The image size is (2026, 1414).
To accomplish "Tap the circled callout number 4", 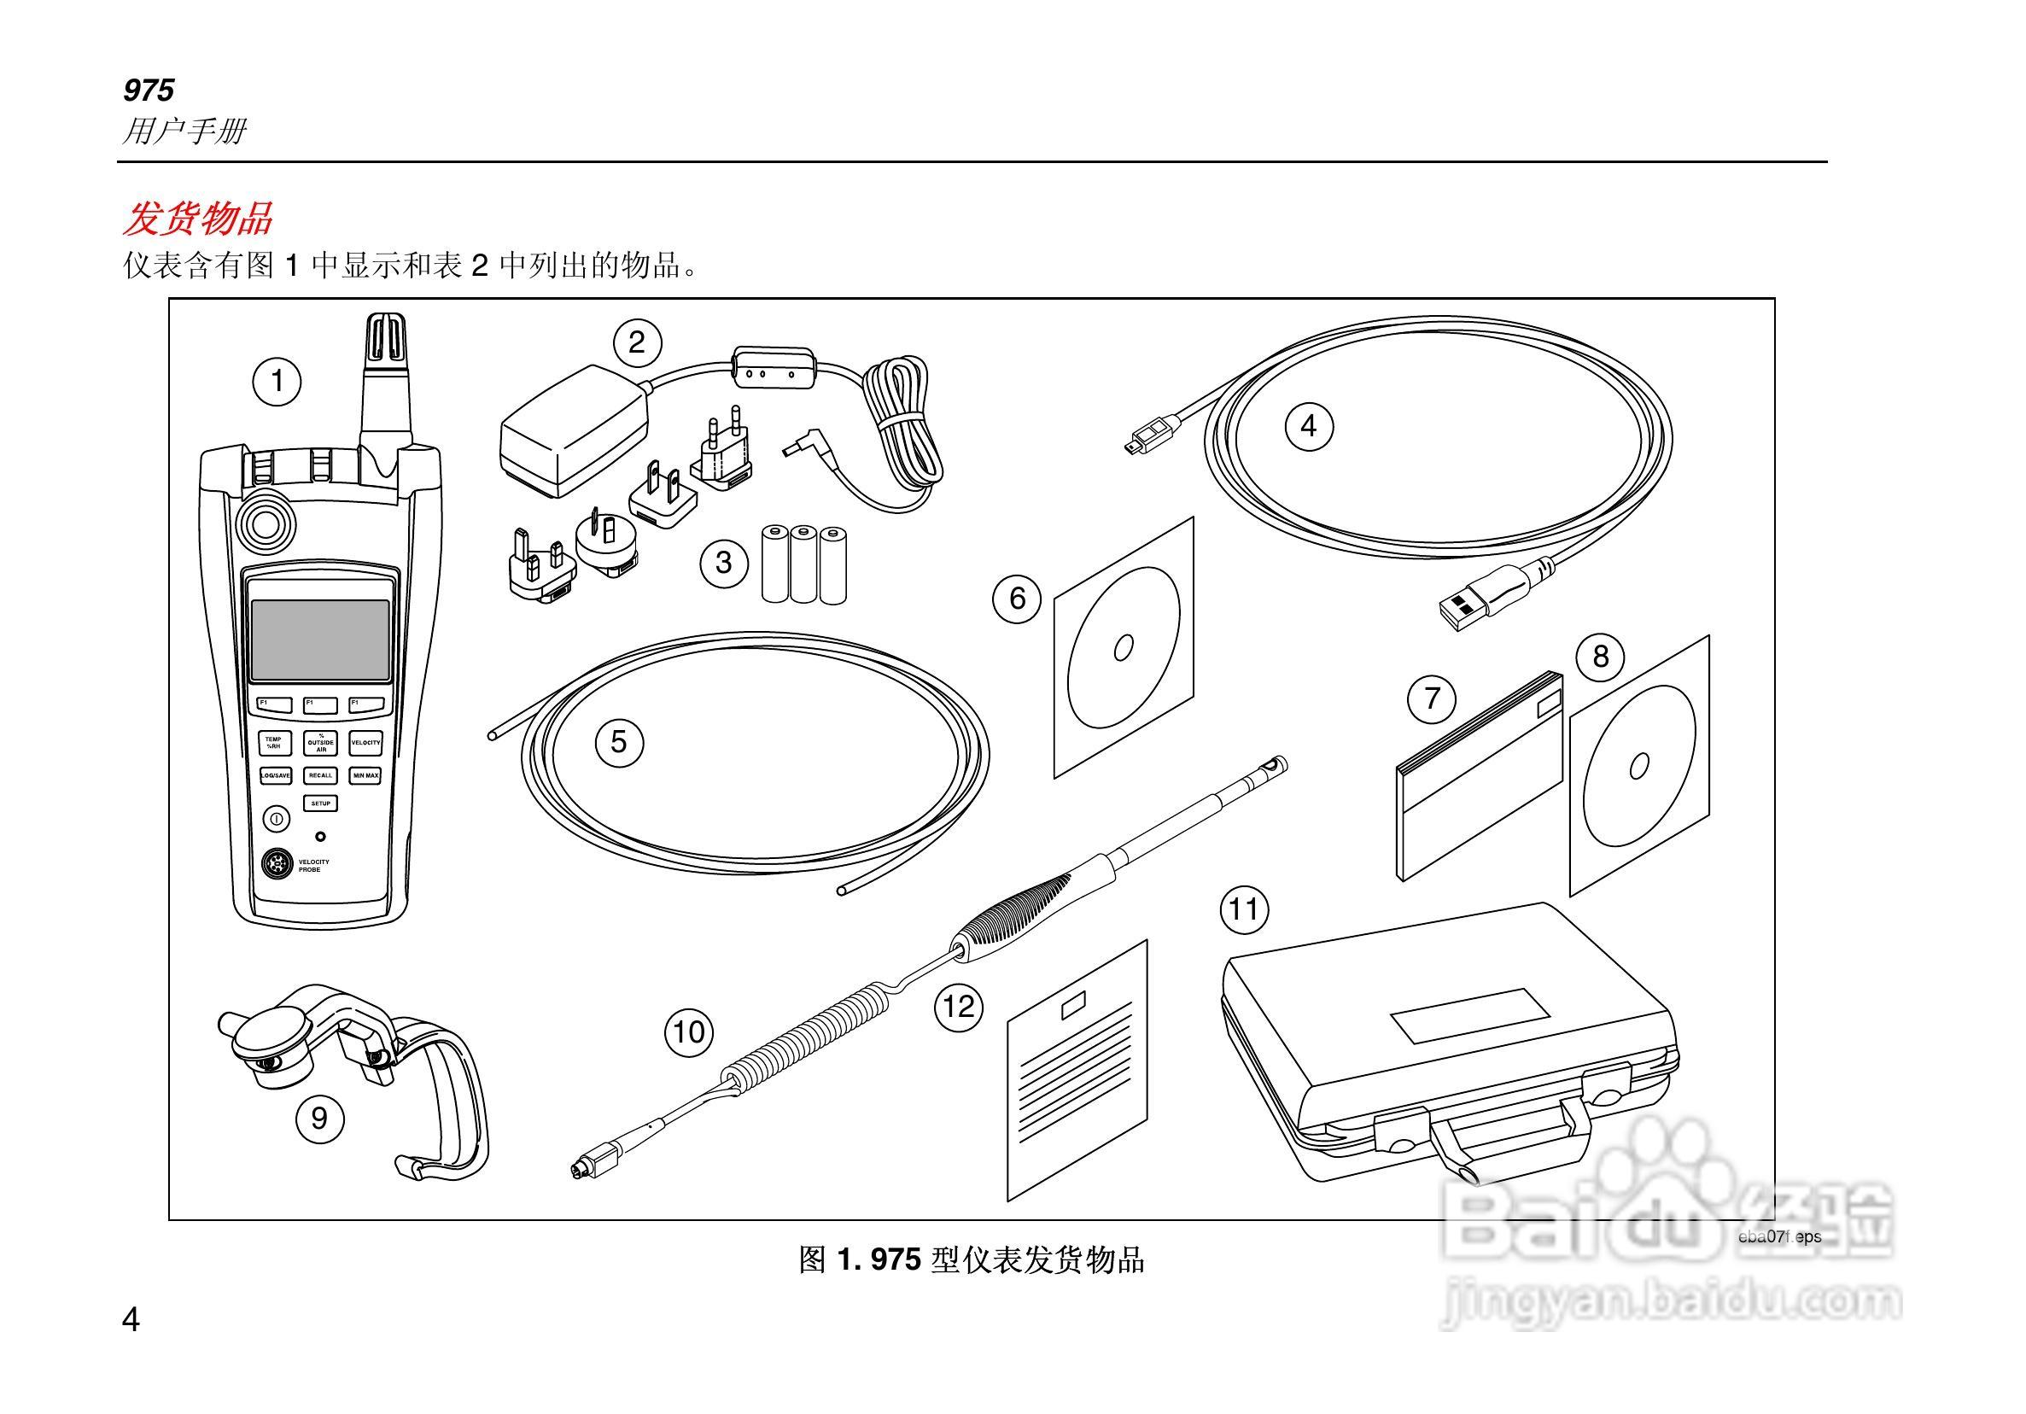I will (1308, 426).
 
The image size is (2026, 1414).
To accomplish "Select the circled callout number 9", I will (319, 1119).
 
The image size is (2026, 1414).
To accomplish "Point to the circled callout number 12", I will (959, 1006).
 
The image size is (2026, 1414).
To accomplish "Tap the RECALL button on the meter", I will (320, 776).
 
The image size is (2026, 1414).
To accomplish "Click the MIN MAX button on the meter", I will (366, 776).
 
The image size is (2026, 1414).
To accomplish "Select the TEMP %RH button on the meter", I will (273, 743).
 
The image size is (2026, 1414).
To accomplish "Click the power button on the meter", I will (276, 819).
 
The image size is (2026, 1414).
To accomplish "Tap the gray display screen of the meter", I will (319, 640).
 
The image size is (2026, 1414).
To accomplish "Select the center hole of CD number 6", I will (1124, 648).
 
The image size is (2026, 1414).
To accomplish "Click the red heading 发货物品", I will (198, 219).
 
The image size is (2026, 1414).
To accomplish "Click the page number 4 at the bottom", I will (131, 1321).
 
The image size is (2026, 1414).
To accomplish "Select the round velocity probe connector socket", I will (279, 865).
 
